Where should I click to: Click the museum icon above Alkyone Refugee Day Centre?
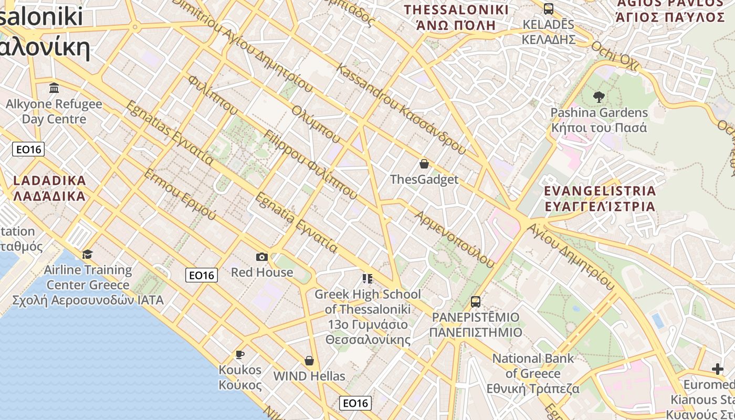[54, 88]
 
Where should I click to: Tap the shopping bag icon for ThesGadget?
[424, 164]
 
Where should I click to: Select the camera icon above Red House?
[262, 257]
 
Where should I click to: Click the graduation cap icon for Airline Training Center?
[87, 254]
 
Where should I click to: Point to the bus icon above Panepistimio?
[476, 302]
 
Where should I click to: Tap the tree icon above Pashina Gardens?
[598, 97]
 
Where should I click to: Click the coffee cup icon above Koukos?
[240, 354]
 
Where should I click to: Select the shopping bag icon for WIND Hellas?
[309, 361]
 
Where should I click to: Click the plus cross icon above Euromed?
[718, 369]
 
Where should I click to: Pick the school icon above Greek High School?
[367, 278]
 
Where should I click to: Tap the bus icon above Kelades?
[549, 9]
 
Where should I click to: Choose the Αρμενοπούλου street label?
[455, 239]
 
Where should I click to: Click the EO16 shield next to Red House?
[202, 275]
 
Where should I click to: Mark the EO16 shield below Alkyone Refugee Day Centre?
[28, 150]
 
